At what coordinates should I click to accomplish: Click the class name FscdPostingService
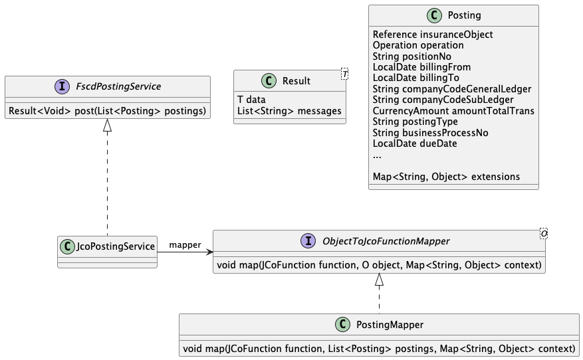[118, 86]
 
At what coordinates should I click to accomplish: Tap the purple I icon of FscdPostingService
[62, 86]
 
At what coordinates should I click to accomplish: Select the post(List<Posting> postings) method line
[107, 111]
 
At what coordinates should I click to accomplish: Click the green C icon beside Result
[269, 80]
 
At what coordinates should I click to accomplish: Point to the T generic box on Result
[344, 74]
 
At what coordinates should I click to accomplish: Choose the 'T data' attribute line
[251, 100]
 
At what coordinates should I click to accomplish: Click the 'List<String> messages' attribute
[289, 111]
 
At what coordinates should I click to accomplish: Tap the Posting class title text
[465, 15]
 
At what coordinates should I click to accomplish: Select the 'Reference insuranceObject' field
[433, 35]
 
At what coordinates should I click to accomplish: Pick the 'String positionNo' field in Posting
[412, 56]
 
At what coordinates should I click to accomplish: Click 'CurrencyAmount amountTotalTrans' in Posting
[453, 111]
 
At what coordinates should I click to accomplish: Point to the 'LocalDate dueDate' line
[415, 143]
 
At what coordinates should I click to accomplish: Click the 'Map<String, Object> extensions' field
[446, 177]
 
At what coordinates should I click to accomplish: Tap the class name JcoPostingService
[115, 246]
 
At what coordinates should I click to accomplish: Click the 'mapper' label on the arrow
[185, 245]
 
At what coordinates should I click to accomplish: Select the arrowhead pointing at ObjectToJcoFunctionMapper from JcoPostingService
[209, 252]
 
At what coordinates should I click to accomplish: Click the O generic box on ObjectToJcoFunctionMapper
[544, 234]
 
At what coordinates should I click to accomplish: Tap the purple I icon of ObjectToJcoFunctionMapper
[308, 240]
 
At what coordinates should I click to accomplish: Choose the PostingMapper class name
[390, 325]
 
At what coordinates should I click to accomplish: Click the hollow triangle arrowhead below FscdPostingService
[108, 126]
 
